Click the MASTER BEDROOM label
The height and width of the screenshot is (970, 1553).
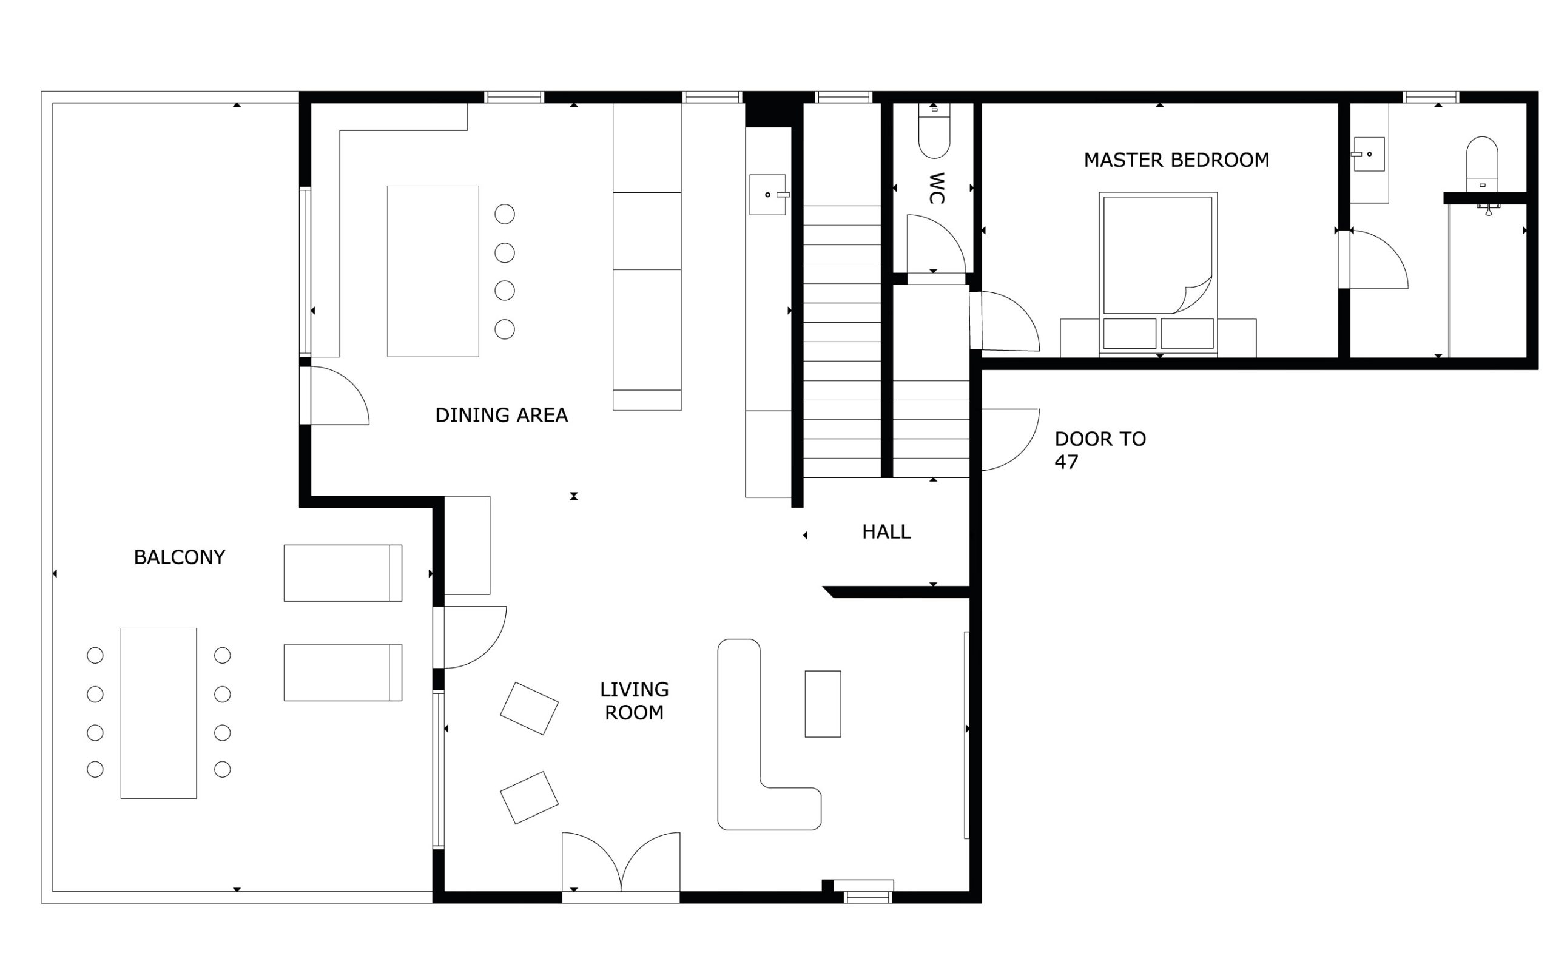pos(1176,160)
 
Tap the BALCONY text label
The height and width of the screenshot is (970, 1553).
pos(180,557)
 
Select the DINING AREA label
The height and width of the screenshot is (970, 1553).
pos(502,415)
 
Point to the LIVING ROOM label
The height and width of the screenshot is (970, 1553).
pos(635,701)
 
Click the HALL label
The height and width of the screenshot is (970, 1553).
pos(886,532)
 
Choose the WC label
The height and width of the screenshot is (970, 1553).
pos(937,188)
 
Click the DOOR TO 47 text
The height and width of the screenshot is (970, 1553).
pos(1100,450)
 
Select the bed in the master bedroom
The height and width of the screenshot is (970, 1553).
pos(1158,274)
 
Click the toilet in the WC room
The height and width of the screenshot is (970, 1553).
pos(934,131)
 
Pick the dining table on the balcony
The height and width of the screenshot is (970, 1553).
pos(158,713)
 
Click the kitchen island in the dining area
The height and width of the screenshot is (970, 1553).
pos(433,271)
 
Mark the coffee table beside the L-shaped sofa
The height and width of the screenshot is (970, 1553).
pos(823,704)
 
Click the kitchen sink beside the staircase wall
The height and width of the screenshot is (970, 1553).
pos(769,194)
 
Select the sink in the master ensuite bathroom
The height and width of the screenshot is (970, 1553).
pos(1367,154)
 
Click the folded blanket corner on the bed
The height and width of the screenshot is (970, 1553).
pos(1194,296)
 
